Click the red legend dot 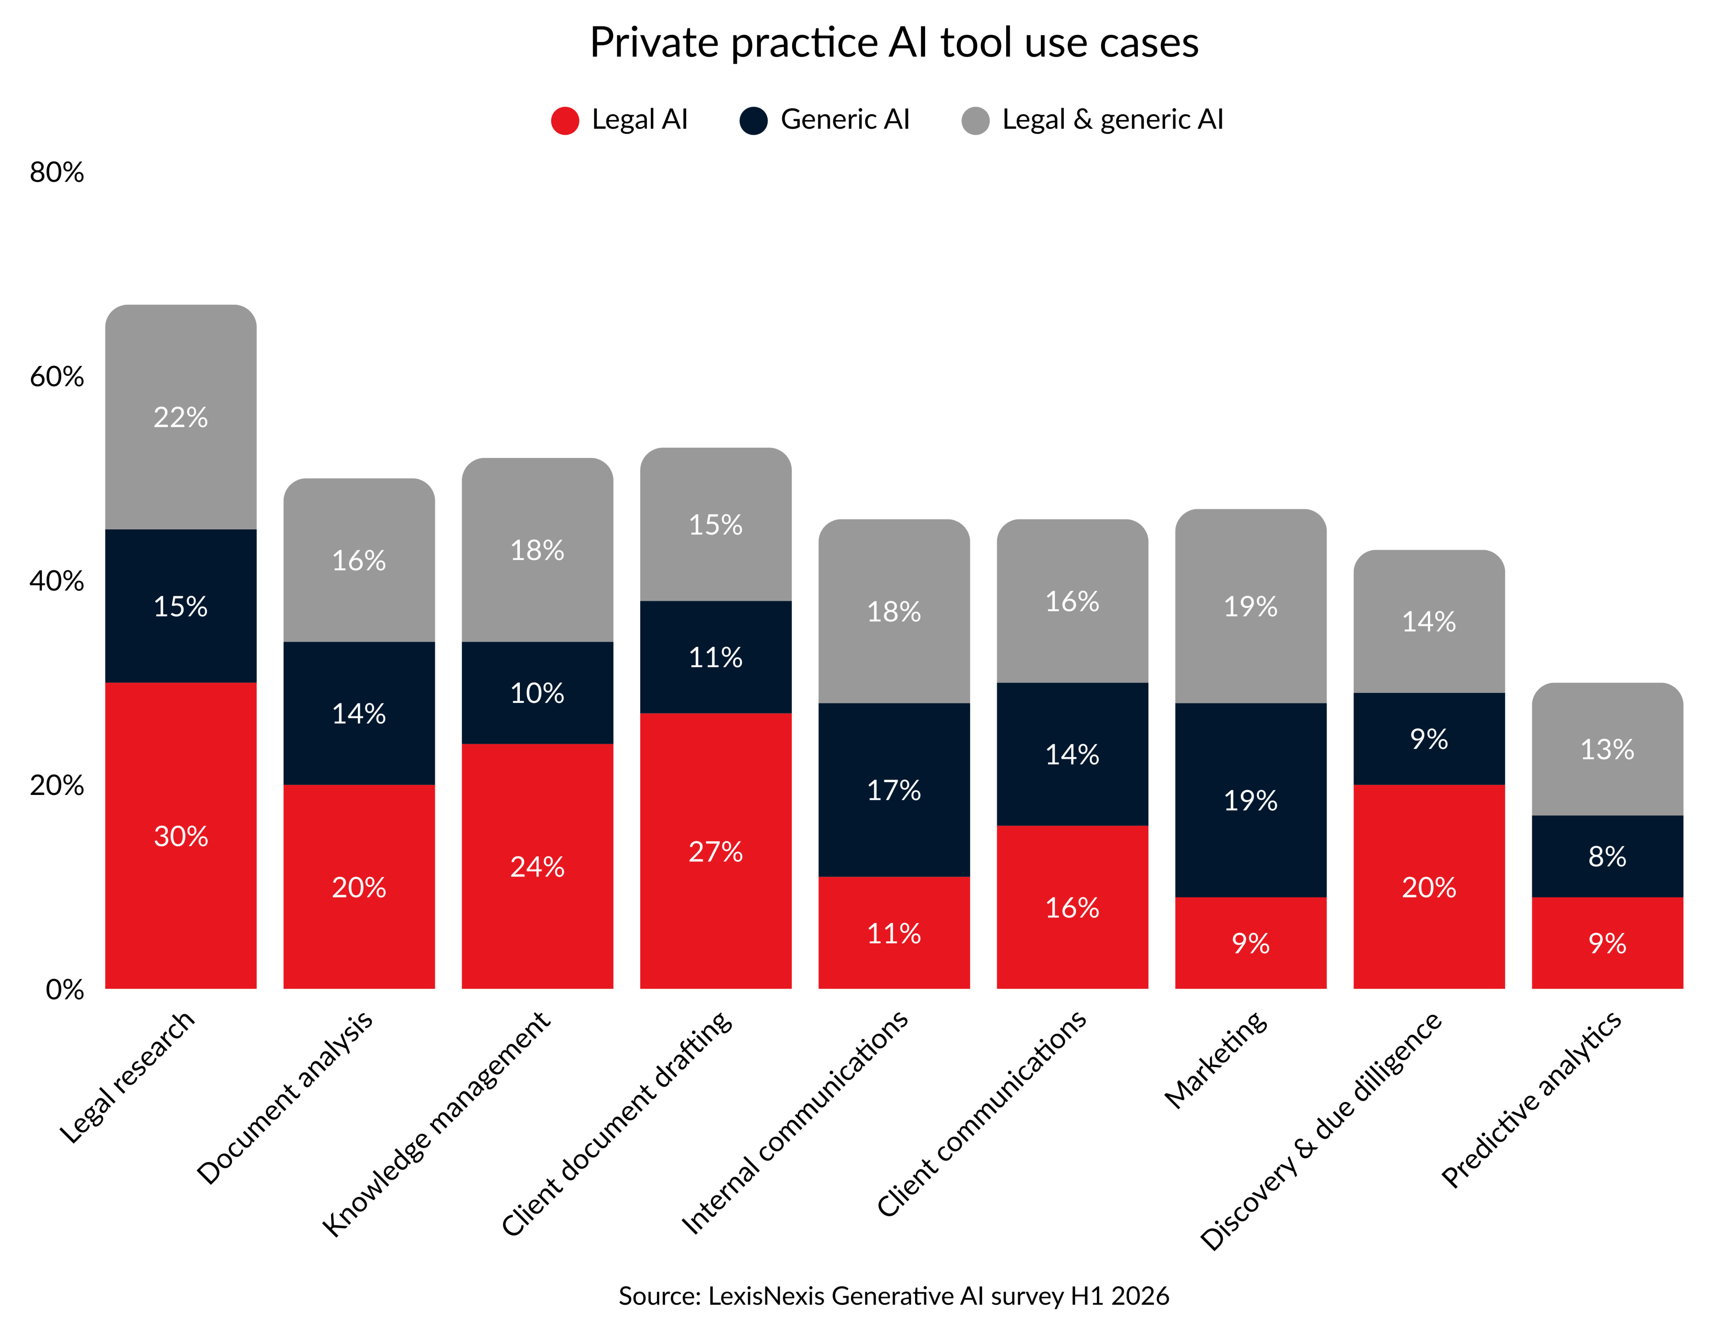click(565, 121)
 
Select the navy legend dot click(753, 121)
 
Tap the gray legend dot click(975, 121)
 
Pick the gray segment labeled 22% click(180, 417)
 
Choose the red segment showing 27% click(715, 851)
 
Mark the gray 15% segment click(715, 524)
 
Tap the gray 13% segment click(1607, 749)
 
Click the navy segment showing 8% click(1607, 856)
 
